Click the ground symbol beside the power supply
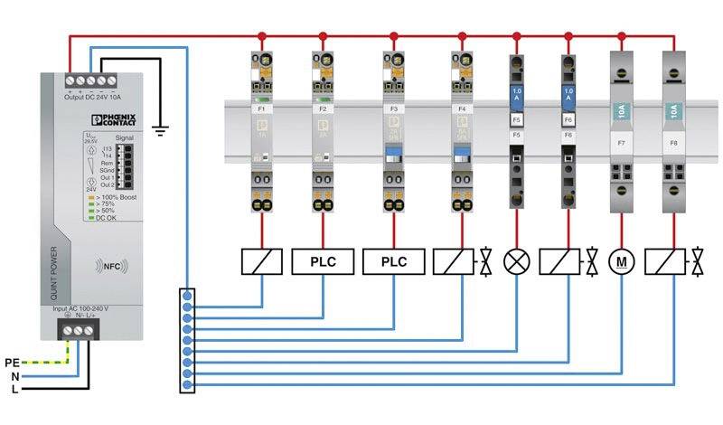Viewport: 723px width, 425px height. (161, 131)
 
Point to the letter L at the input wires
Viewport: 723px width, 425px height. (14, 391)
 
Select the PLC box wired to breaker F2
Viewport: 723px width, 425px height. (323, 262)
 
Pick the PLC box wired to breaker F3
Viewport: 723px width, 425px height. (393, 262)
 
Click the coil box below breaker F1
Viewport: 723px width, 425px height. (261, 262)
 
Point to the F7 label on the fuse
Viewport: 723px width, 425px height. (621, 143)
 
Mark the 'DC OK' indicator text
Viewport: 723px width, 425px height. (109, 218)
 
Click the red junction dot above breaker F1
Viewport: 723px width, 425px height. (262, 36)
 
